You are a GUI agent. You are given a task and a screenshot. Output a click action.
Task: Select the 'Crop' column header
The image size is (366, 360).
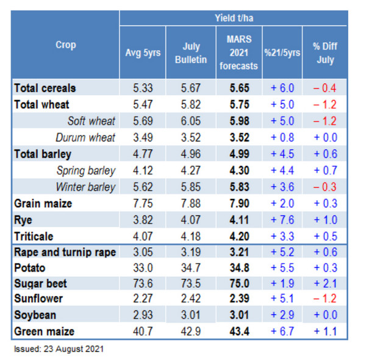pyautogui.click(x=65, y=45)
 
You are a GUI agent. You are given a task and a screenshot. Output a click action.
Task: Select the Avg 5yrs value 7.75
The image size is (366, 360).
pyautogui.click(x=147, y=203)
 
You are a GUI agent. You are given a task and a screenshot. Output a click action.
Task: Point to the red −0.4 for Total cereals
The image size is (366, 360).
pyautogui.click(x=325, y=88)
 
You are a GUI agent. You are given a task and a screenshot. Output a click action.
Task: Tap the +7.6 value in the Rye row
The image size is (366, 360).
pyautogui.click(x=282, y=220)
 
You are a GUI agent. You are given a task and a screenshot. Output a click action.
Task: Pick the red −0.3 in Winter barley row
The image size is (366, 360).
pyautogui.click(x=325, y=187)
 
